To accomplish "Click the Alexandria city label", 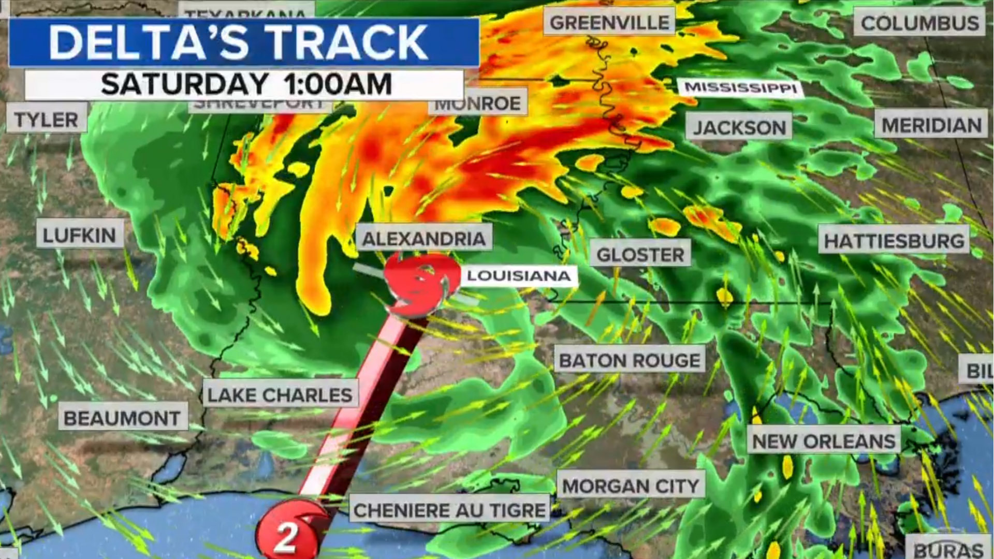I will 424,239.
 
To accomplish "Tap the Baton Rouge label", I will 630,360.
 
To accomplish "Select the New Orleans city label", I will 824,442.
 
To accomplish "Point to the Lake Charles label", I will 280,395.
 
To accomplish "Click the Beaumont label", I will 122,418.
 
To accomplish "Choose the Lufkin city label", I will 80,236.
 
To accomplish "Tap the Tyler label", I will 46,120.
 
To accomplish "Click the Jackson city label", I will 739,127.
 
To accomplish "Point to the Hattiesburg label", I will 894,241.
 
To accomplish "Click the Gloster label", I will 640,254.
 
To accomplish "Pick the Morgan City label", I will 631,486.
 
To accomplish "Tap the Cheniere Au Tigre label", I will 450,510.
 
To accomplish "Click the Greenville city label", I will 609,23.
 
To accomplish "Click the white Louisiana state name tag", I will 519,275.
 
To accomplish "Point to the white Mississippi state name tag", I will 741,87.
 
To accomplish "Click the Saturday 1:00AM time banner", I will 245,84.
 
